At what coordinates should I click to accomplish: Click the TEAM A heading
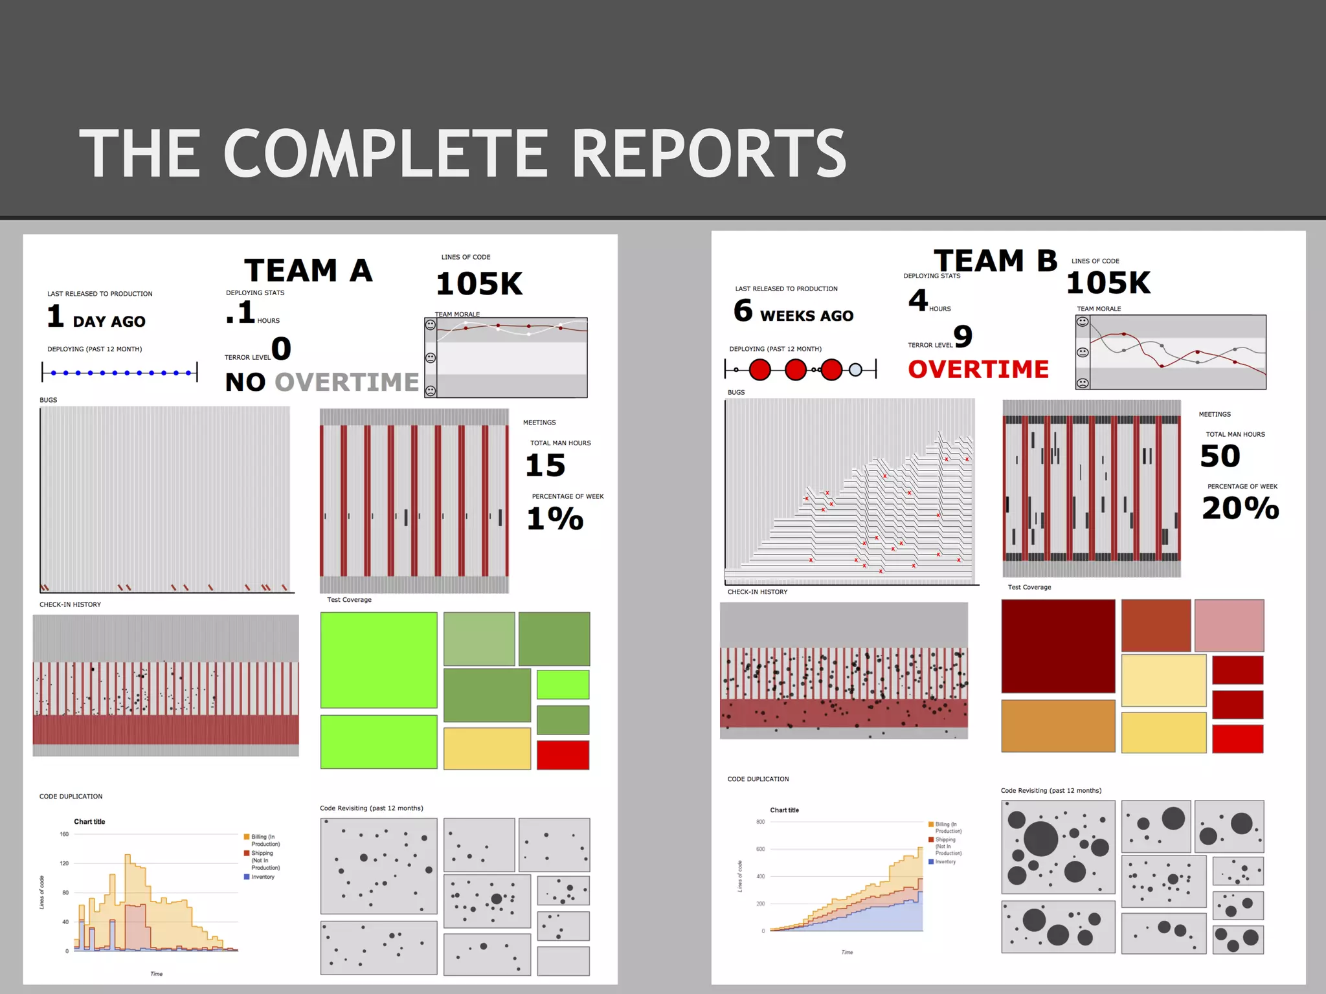pyautogui.click(x=308, y=271)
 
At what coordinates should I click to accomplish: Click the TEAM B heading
pyautogui.click(x=995, y=261)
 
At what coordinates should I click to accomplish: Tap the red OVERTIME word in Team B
pyautogui.click(x=978, y=370)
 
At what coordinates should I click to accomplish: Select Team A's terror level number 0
pyautogui.click(x=281, y=349)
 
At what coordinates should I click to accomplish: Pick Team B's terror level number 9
pyautogui.click(x=963, y=336)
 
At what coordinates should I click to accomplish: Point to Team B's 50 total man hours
pyautogui.click(x=1220, y=456)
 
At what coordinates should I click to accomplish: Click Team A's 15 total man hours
pyautogui.click(x=545, y=465)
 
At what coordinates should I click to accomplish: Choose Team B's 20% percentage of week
pyautogui.click(x=1241, y=508)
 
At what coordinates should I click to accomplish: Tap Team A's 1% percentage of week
pyautogui.click(x=555, y=518)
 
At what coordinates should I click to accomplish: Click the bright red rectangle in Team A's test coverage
pyautogui.click(x=563, y=755)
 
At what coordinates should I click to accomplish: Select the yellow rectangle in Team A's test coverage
pyautogui.click(x=487, y=749)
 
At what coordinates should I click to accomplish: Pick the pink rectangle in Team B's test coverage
pyautogui.click(x=1229, y=625)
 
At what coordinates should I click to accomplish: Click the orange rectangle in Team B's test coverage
pyautogui.click(x=1058, y=726)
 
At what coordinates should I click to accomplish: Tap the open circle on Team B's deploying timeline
pyautogui.click(x=855, y=370)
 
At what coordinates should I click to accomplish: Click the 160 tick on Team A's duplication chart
pyautogui.click(x=64, y=834)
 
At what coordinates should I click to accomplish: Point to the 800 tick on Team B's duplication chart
pyautogui.click(x=760, y=822)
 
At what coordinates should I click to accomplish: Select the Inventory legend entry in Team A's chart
pyautogui.click(x=262, y=877)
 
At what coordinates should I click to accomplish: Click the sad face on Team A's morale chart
pyautogui.click(x=431, y=391)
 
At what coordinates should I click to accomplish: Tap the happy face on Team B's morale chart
pyautogui.click(x=1082, y=322)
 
